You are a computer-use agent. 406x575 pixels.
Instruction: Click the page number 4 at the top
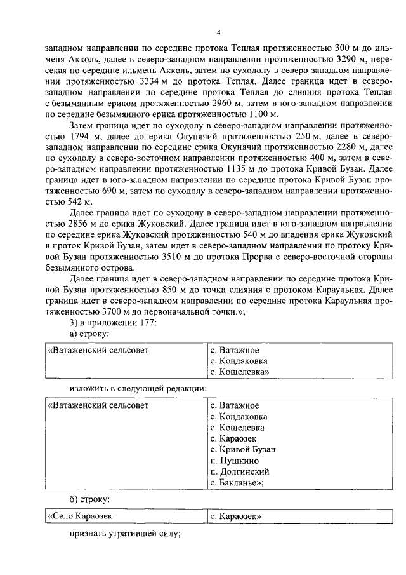tap(218, 32)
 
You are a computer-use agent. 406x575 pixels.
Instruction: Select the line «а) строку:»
tap(89, 332)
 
